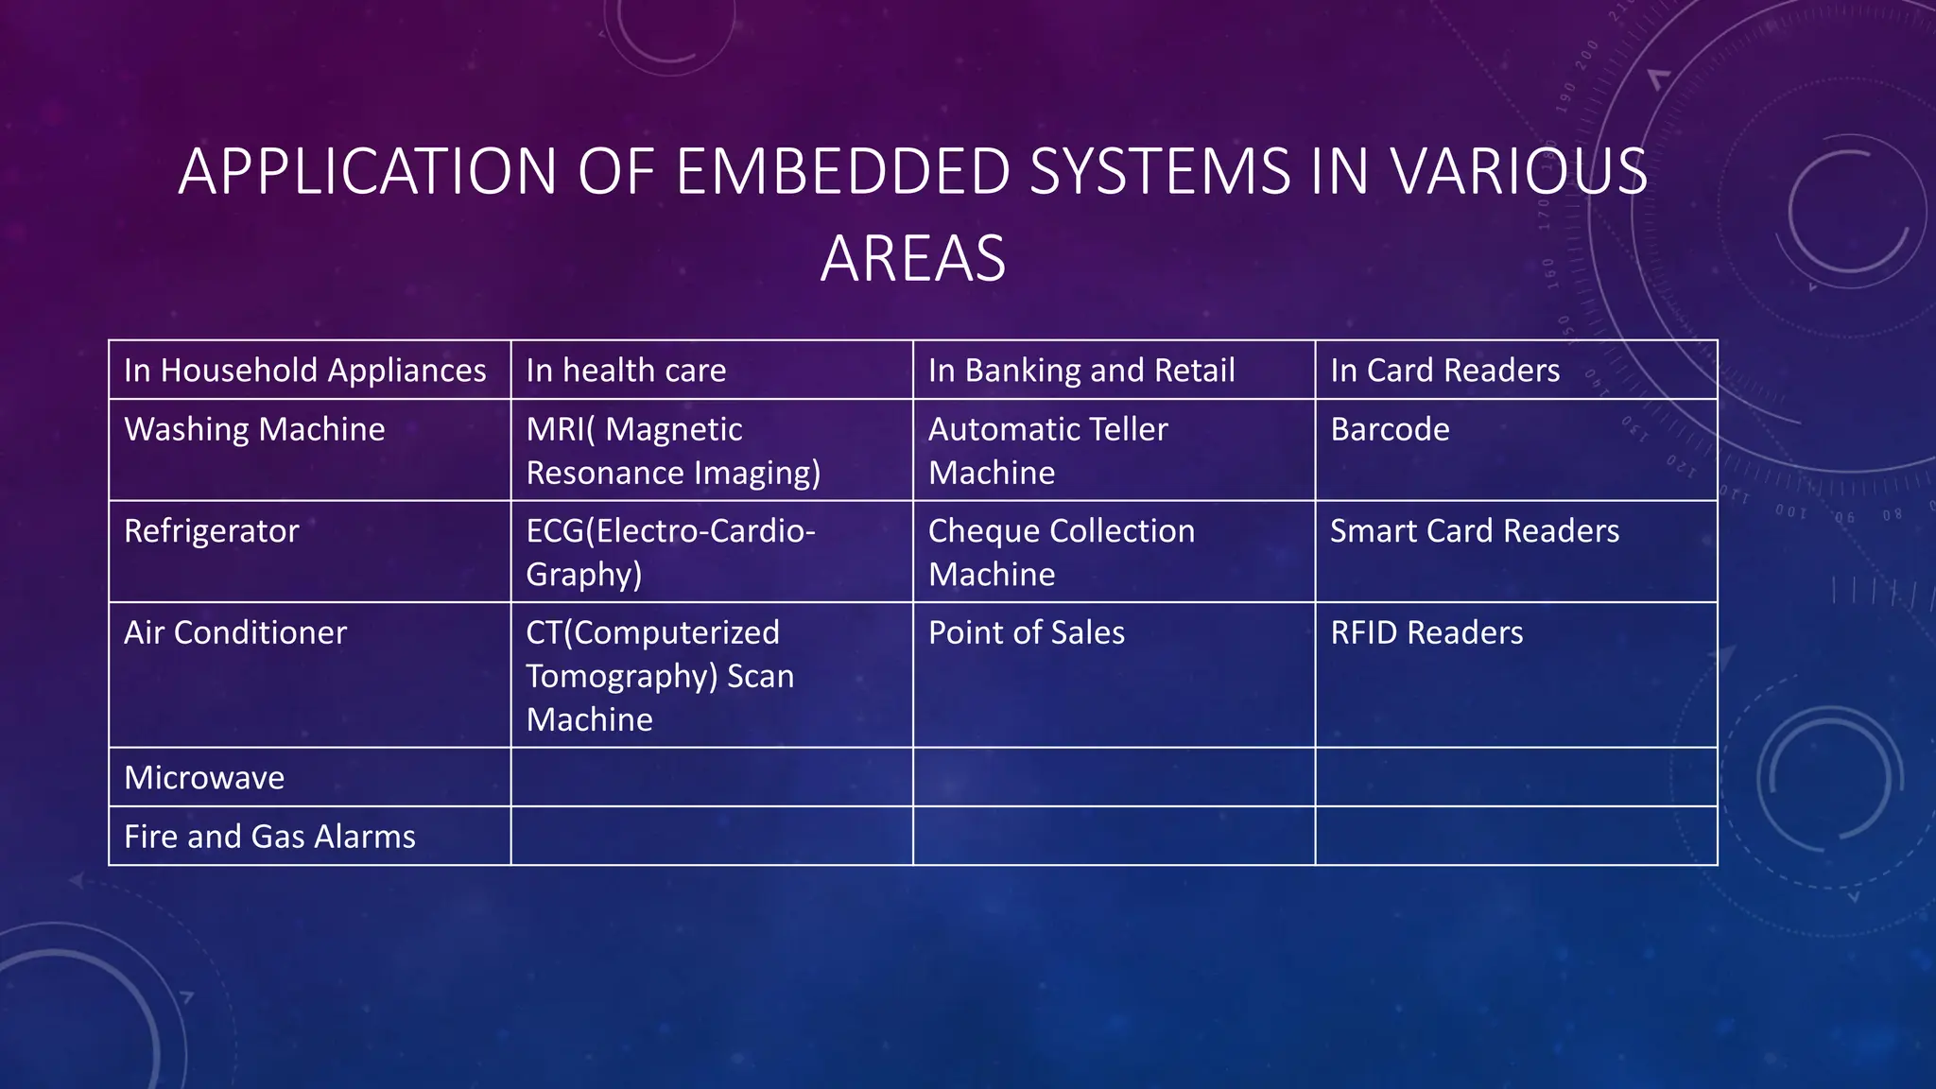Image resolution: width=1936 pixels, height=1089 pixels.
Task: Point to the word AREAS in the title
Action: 913,259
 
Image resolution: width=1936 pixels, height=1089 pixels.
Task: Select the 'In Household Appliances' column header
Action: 304,371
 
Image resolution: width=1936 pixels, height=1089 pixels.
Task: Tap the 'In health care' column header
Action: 626,371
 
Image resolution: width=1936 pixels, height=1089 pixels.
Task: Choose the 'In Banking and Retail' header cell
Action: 1081,371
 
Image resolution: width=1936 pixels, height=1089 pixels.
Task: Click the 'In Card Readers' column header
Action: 1444,371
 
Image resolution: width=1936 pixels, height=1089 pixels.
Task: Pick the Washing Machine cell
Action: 254,430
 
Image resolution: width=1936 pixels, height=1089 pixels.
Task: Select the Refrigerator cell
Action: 211,531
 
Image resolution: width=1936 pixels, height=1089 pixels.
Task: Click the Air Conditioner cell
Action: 235,632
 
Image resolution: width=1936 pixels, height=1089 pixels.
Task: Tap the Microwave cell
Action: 204,778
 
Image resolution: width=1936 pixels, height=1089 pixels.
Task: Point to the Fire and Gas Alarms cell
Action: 269,837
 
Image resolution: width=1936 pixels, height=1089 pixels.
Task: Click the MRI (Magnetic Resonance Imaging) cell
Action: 673,451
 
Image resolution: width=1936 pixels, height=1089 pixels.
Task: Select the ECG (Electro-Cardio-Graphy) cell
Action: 670,552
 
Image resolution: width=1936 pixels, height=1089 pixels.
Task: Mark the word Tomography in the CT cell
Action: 620,677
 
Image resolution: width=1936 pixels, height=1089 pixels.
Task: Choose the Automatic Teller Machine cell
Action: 1047,451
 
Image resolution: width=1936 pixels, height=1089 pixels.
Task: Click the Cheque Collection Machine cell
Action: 1061,552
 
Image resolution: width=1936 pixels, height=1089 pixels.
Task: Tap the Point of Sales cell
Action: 1027,632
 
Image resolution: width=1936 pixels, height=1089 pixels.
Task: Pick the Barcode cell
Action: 1390,430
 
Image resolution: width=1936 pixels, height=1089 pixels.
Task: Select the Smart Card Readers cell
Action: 1475,531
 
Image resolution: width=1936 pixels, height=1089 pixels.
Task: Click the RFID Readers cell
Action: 1426,632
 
